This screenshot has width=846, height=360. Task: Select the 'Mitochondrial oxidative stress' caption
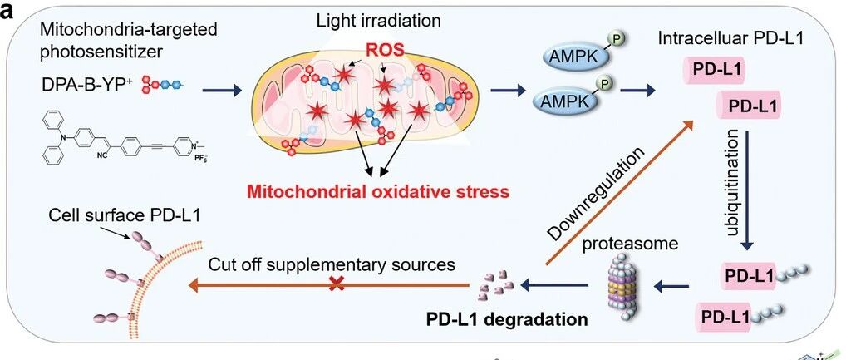pos(377,191)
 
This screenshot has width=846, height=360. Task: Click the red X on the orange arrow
pos(337,284)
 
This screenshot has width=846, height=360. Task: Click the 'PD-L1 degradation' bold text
pos(507,319)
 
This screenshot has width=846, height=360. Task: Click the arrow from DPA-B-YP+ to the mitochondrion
pos(222,91)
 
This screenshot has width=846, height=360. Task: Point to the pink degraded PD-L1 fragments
pos(496,284)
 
